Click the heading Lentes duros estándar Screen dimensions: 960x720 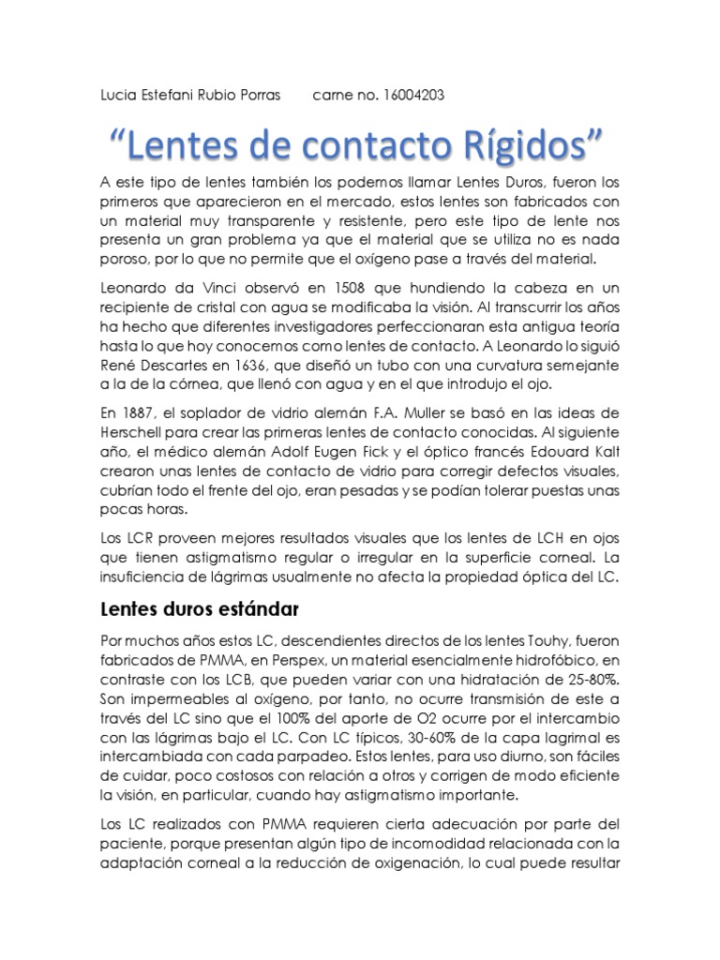click(198, 609)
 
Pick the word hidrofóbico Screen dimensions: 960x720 click(556, 661)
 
